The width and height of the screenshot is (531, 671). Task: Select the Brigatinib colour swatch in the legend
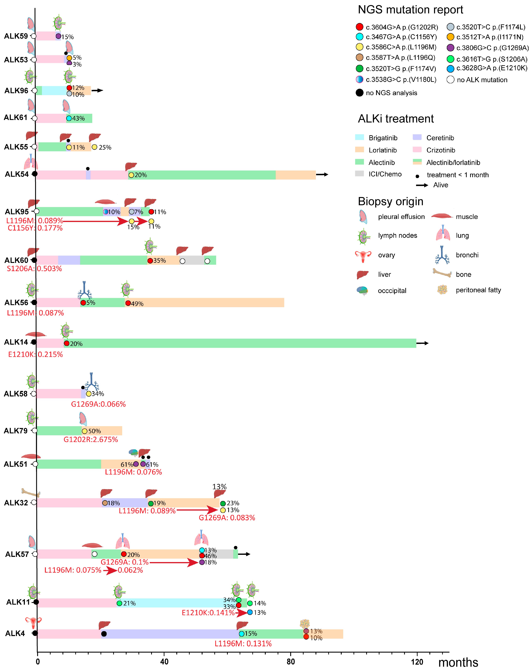tap(359, 137)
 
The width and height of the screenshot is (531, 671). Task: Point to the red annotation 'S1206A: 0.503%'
tap(34, 269)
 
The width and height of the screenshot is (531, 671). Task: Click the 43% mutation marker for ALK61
tap(69, 118)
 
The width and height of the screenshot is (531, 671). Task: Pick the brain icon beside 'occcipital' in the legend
tap(363, 290)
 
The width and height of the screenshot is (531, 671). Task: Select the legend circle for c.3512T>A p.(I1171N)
tap(451, 37)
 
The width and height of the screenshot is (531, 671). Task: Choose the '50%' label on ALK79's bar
tap(94, 431)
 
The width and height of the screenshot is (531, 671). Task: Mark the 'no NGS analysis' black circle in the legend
tap(359, 93)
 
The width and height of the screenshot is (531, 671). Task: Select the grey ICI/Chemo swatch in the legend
tap(359, 173)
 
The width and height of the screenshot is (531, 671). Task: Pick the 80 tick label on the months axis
tap(291, 662)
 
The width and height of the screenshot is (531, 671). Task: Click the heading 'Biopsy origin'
tap(390, 202)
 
